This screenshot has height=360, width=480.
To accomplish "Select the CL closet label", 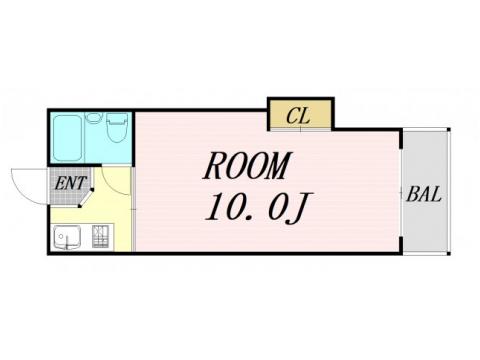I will pyautogui.click(x=297, y=116).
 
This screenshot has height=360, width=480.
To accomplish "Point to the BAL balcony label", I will pyautogui.click(x=425, y=193).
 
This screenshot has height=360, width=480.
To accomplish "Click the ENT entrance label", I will pyautogui.click(x=70, y=182).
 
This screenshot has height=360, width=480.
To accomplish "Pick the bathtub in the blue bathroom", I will pyautogui.click(x=68, y=137).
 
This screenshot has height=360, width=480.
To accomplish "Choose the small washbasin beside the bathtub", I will pyautogui.click(x=93, y=118).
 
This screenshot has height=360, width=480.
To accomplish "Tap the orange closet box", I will pyautogui.click(x=299, y=115).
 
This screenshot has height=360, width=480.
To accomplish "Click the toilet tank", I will pyautogui.click(x=116, y=119).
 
